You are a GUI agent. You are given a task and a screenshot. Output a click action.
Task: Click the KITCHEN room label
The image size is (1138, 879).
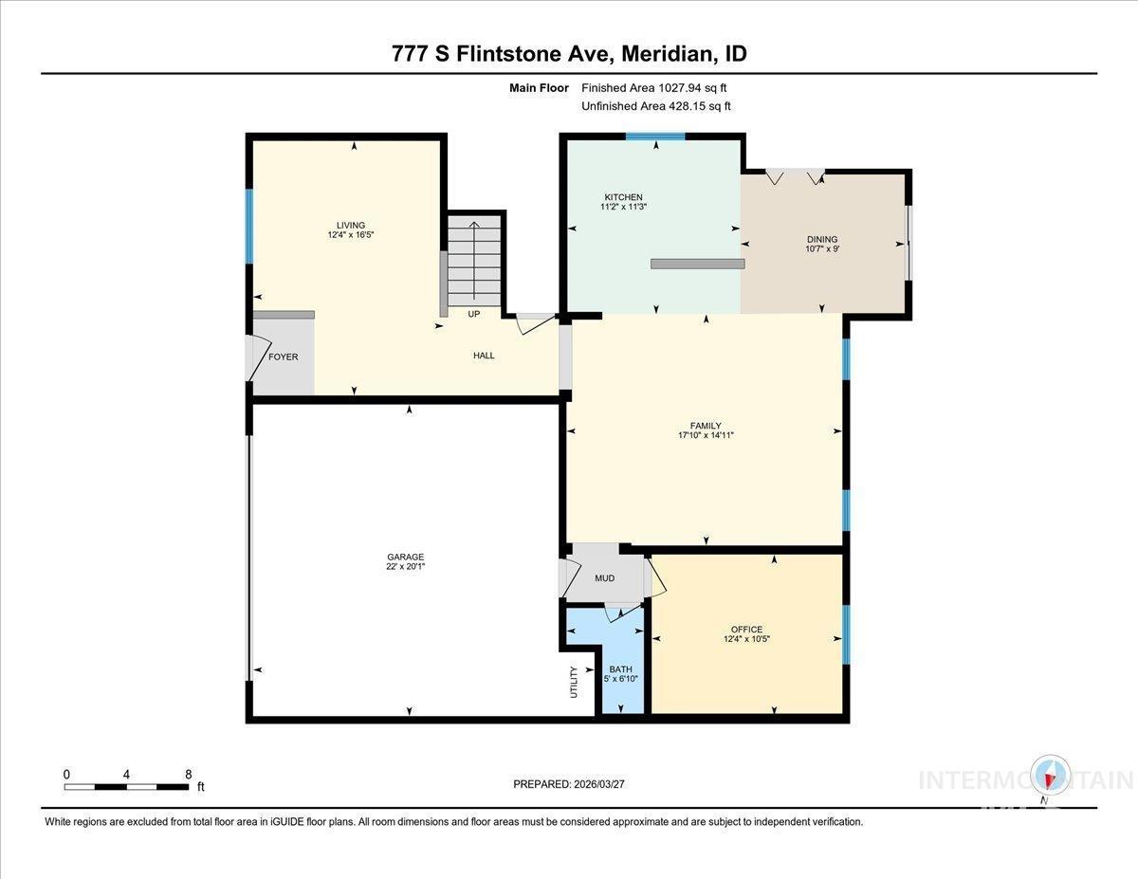(623, 197)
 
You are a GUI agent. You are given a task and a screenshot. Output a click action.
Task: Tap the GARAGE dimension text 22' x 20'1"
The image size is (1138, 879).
(405, 566)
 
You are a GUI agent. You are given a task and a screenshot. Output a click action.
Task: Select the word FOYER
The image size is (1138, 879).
(284, 357)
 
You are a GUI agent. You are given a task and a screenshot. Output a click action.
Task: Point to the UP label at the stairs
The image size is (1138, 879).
(473, 314)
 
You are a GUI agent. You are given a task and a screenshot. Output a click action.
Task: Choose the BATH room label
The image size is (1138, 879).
(620, 669)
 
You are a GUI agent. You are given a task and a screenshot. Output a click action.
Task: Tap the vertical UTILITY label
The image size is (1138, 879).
(574, 682)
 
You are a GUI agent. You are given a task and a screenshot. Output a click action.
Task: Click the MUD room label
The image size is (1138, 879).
(604, 578)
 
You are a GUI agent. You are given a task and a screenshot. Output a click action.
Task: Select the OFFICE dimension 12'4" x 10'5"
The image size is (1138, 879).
(746, 639)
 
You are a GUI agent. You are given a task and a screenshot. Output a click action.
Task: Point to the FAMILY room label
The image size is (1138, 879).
(706, 426)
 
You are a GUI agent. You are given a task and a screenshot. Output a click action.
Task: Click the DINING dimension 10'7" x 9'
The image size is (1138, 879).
(822, 248)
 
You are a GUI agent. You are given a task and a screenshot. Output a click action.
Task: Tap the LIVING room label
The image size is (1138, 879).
(351, 225)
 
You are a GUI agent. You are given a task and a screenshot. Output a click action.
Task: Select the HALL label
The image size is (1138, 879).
(484, 356)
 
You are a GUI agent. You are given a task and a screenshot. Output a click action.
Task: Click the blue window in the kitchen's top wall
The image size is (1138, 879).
(655, 137)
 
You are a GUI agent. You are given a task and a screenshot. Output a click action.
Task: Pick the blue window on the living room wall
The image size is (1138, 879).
(249, 227)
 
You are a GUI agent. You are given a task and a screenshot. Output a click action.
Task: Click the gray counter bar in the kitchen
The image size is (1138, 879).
(698, 264)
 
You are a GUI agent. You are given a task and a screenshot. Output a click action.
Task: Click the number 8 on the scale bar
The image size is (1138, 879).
(189, 775)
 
